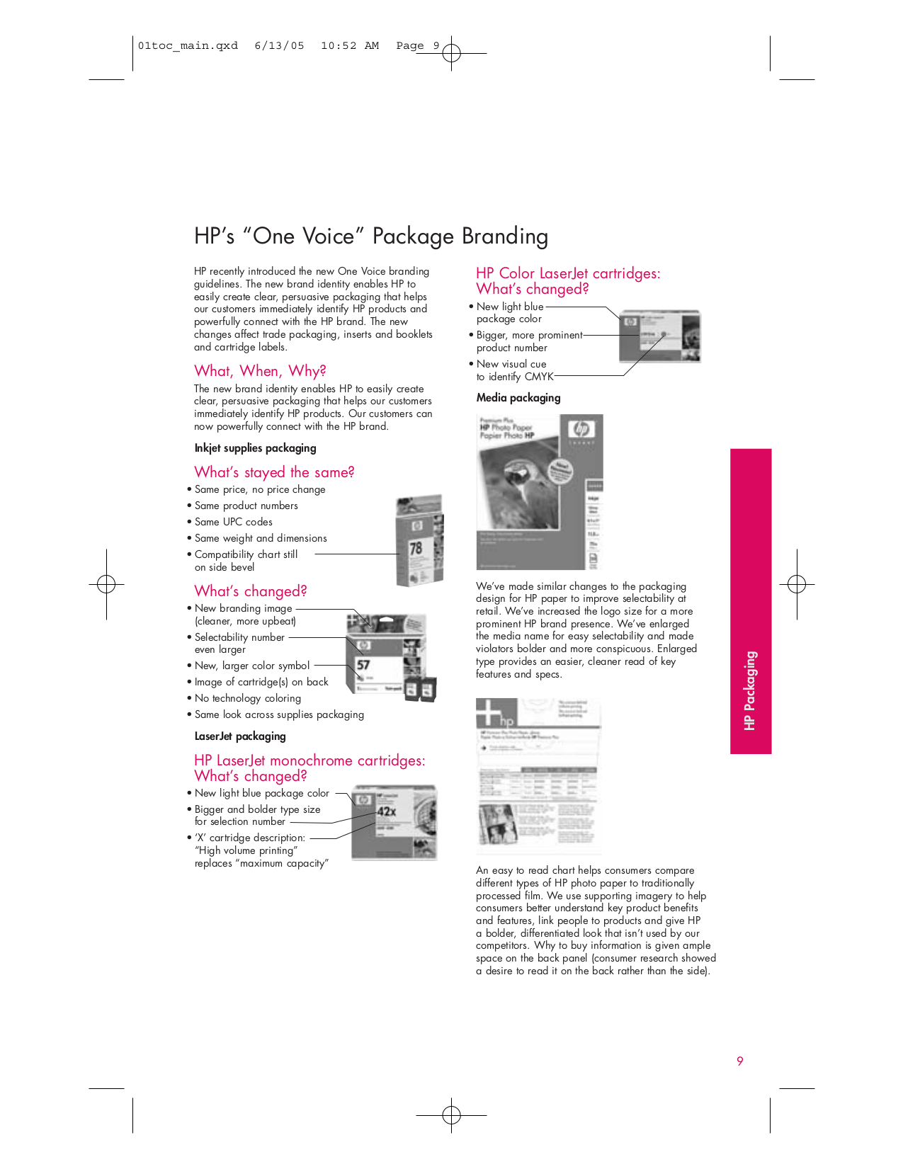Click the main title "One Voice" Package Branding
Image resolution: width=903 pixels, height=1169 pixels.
[x=371, y=236]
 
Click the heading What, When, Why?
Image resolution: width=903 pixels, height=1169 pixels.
[x=260, y=371]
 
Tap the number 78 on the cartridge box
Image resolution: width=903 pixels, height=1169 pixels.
[x=416, y=548]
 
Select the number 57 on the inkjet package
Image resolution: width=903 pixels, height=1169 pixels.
[x=363, y=665]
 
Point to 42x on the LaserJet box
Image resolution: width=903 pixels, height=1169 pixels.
[x=387, y=811]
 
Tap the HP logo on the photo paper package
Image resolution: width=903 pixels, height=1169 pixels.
[x=581, y=429]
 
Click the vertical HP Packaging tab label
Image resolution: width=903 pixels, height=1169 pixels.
[x=750, y=690]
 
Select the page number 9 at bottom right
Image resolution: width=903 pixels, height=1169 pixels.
[x=740, y=1061]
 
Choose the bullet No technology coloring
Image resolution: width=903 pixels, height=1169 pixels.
[x=247, y=698]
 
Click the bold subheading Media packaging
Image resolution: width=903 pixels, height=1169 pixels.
[x=518, y=398]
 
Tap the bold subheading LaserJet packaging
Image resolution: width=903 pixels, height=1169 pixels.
[x=240, y=736]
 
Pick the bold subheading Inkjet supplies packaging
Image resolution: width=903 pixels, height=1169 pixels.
[x=255, y=448]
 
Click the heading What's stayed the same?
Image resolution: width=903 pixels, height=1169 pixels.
[x=274, y=472]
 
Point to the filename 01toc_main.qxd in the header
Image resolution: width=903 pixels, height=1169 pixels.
[x=188, y=46]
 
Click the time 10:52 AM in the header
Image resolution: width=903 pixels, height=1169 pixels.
[x=349, y=46]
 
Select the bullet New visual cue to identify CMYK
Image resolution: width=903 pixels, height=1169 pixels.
[x=513, y=370]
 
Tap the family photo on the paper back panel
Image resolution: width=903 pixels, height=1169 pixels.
[x=498, y=823]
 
